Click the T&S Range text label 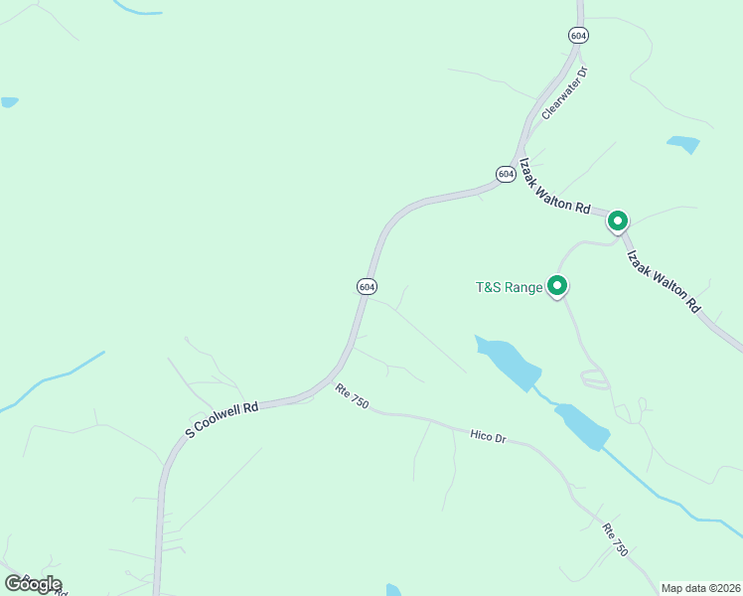point(509,288)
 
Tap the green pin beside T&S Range point(557,286)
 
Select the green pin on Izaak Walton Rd point(618,221)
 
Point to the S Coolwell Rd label point(222,419)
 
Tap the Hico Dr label point(488,434)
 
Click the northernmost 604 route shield point(578,35)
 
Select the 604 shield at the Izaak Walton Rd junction point(505,174)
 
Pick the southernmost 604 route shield point(366,286)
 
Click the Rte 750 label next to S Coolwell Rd point(352,397)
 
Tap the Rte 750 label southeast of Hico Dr point(616,539)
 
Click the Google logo point(33,584)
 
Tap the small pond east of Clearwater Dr point(683,144)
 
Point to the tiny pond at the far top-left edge point(9,102)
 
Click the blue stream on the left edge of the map point(50,380)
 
